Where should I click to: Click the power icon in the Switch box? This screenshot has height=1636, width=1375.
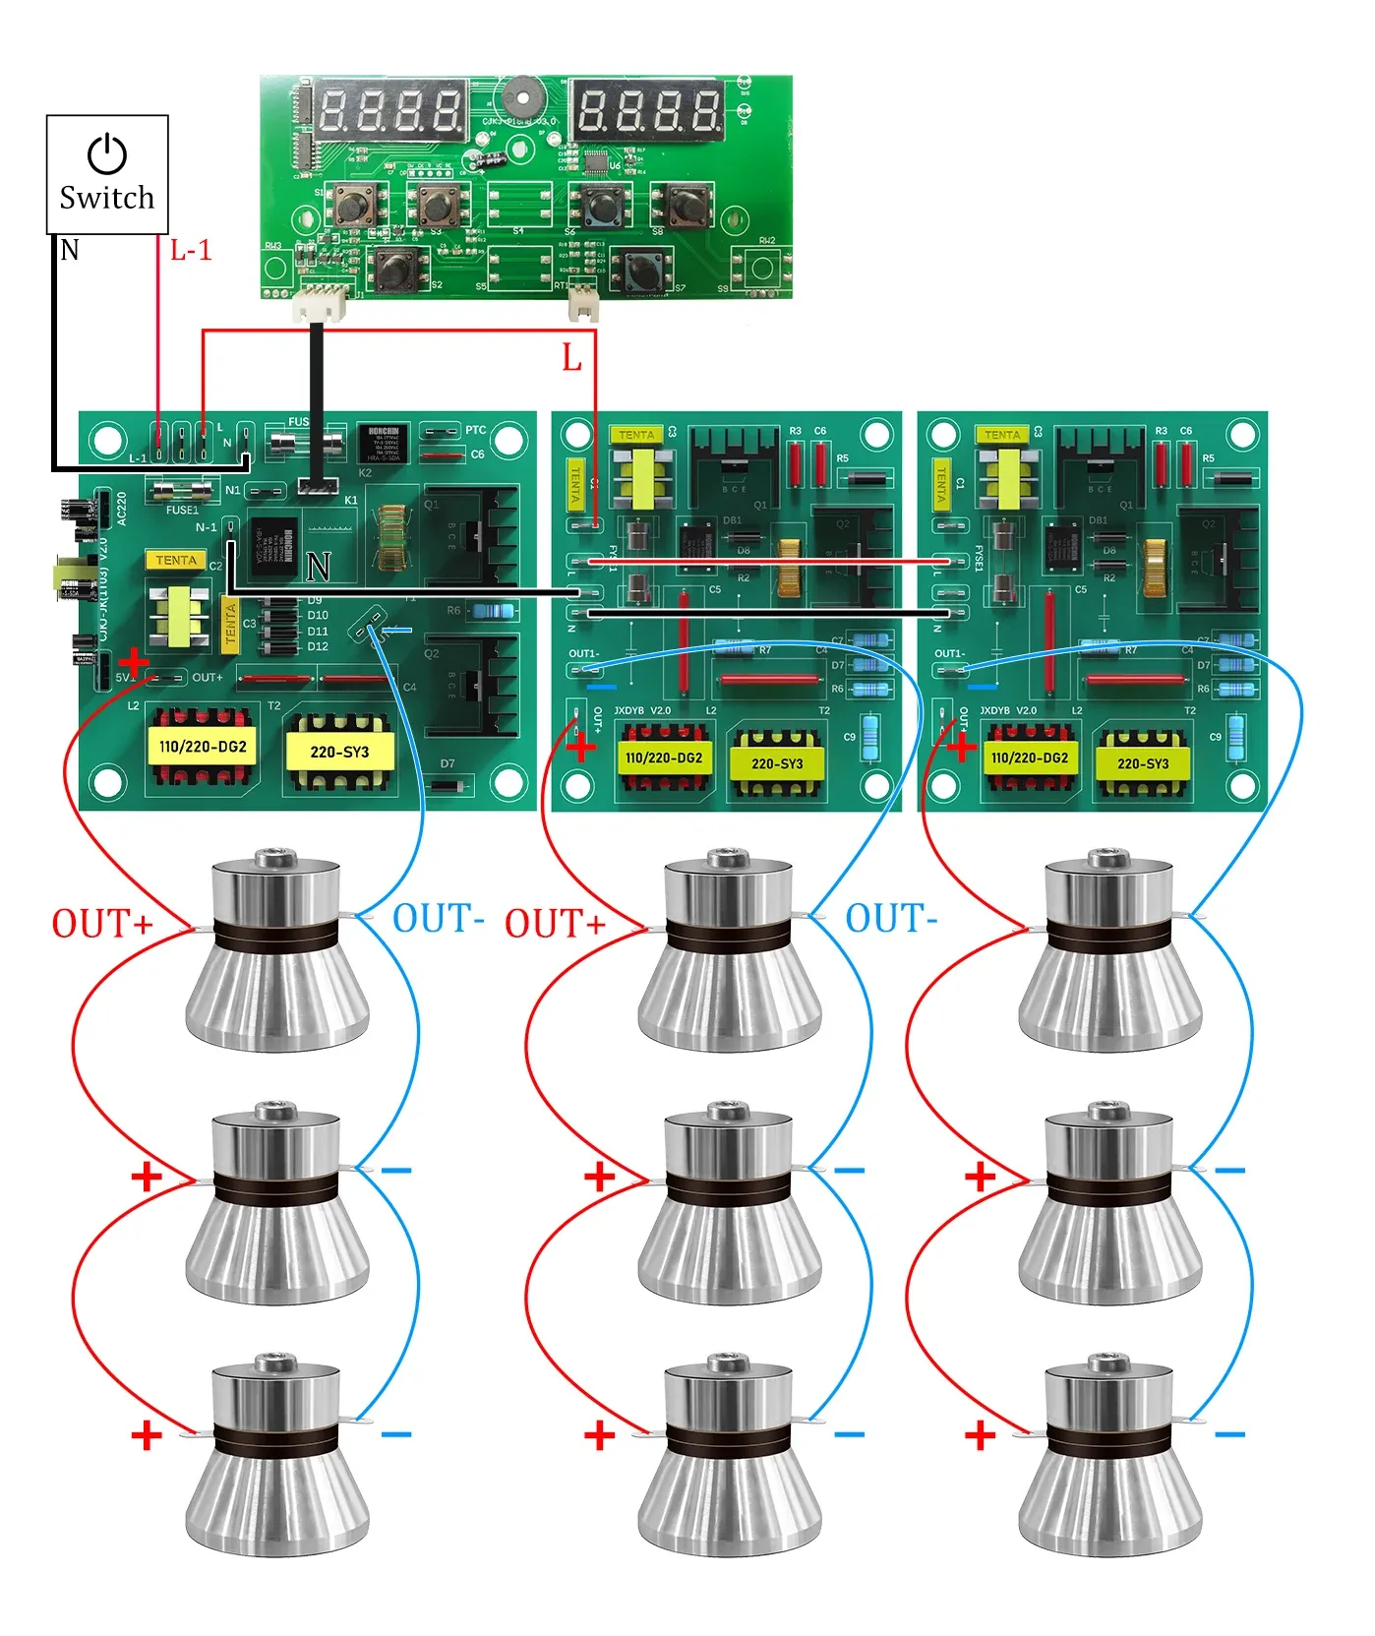pos(107,154)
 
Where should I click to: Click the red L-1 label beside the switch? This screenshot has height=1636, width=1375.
pos(191,251)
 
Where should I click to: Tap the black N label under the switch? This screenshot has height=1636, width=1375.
pos(70,250)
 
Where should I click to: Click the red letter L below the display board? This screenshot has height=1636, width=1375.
pos(571,358)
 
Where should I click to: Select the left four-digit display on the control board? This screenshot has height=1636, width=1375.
pos(390,110)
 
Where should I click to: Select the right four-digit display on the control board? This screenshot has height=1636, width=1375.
pos(648,110)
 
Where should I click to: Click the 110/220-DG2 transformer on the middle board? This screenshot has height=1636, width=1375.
pos(664,757)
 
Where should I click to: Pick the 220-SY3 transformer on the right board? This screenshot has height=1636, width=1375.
pos(1143,762)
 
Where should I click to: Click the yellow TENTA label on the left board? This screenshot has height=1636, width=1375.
pos(176,560)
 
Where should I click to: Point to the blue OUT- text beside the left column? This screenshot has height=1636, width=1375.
pos(438,919)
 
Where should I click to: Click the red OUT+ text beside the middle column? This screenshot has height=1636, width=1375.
pos(555,924)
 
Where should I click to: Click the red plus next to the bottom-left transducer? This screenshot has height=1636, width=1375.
pos(147,1435)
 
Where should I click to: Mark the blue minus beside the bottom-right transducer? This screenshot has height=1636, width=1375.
pos(1229,1434)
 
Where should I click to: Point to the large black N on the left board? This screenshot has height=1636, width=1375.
pos(318,567)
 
